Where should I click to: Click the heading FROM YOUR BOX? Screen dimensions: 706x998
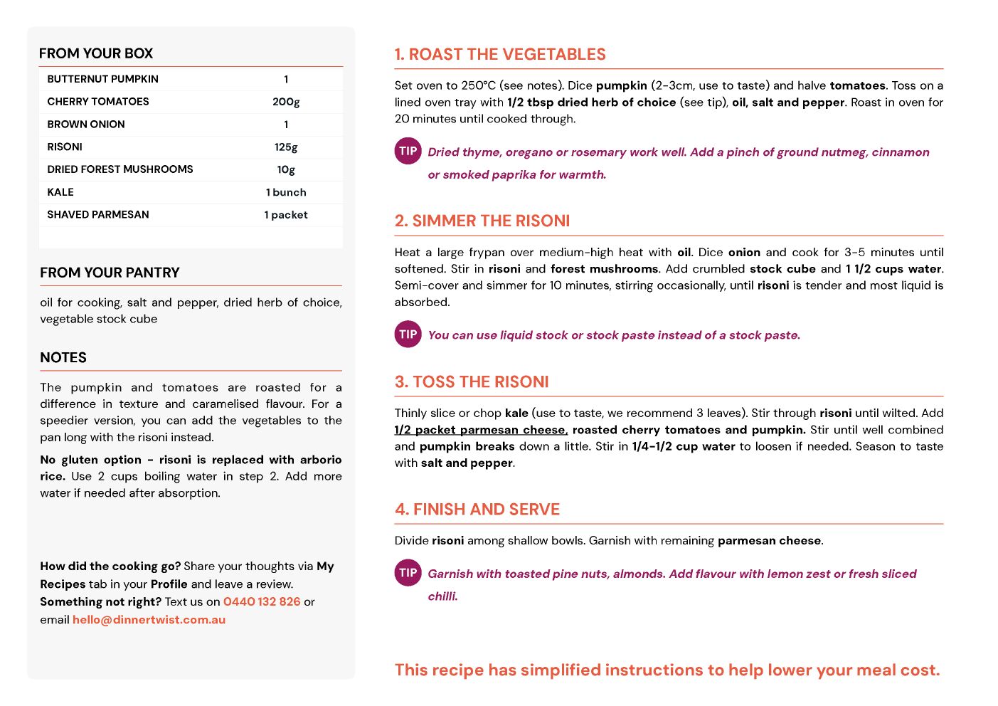click(96, 53)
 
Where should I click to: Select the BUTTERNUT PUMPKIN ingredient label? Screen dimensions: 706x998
click(102, 79)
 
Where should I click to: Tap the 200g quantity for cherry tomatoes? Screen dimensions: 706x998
click(286, 102)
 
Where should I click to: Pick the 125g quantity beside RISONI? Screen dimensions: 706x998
click(286, 147)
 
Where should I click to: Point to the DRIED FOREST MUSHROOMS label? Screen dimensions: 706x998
click(120, 169)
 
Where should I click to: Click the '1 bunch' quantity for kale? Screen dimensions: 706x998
click(286, 192)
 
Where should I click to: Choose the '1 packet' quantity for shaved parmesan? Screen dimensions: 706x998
click(286, 215)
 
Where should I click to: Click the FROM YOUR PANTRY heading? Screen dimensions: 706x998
click(110, 273)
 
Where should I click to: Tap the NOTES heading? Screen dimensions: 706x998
click(63, 358)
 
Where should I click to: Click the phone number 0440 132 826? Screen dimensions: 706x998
click(262, 601)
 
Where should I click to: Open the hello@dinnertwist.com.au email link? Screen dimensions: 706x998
click(149, 619)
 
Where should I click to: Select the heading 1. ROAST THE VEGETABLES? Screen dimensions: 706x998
click(500, 55)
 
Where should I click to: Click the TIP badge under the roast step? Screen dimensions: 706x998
click(408, 151)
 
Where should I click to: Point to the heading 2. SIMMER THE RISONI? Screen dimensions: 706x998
click(482, 221)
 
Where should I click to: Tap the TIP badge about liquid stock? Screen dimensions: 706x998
click(408, 334)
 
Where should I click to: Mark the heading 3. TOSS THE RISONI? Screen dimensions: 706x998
click(472, 382)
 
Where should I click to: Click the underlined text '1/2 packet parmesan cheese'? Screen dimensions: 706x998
click(481, 430)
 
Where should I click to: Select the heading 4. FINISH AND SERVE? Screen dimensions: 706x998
click(477, 510)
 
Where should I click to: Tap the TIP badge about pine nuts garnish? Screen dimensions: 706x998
click(408, 573)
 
